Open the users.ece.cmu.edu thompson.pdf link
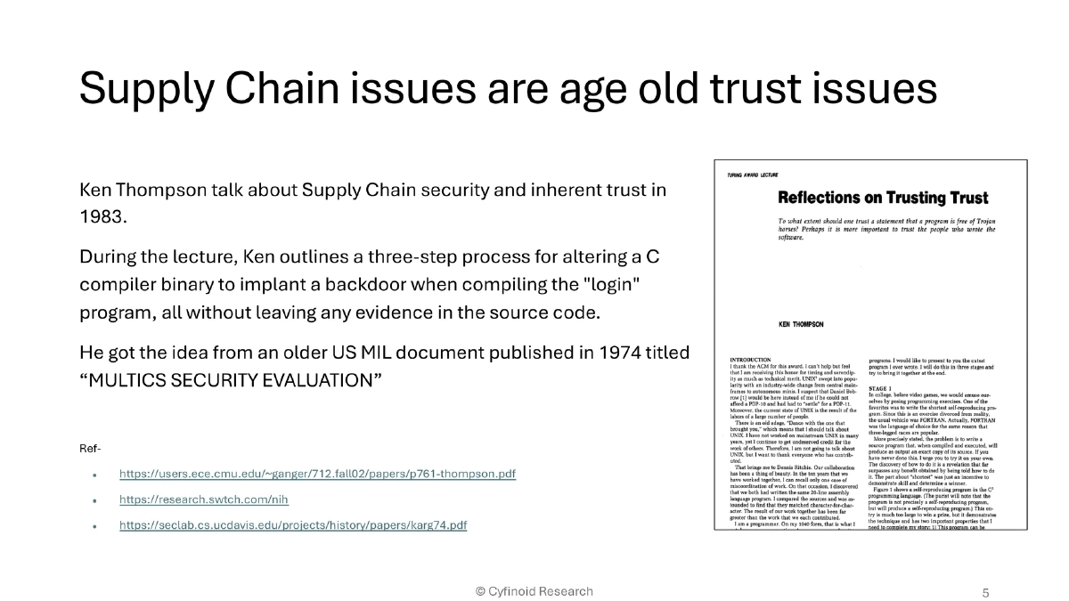317,474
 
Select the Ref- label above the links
90,448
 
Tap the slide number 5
984,592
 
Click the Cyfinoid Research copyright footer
534,591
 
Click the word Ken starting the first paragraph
97,191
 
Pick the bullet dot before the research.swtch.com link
94,500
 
